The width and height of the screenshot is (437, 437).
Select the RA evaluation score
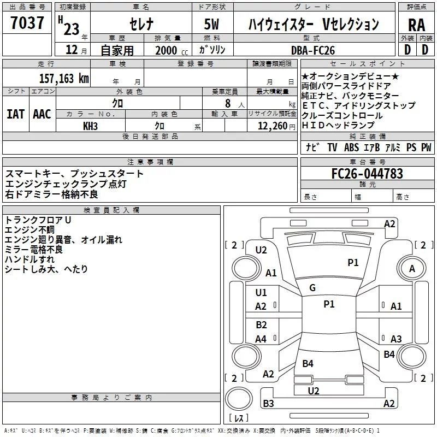416,25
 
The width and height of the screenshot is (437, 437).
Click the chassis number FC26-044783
367,174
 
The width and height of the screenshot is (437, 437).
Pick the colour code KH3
90,126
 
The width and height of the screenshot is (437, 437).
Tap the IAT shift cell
15,114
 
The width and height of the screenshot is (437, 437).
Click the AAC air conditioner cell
42,114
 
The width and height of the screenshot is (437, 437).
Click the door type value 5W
212,25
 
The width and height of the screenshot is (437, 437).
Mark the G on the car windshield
312,288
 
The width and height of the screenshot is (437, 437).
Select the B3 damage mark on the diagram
268,404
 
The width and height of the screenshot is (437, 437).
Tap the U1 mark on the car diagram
261,293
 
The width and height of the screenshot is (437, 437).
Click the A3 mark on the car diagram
396,339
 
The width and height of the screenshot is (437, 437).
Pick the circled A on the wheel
412,268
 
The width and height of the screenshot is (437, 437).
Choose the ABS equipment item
351,147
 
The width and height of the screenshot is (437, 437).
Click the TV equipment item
332,147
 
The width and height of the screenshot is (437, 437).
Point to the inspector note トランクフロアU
38,220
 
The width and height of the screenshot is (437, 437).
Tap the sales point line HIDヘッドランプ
339,125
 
